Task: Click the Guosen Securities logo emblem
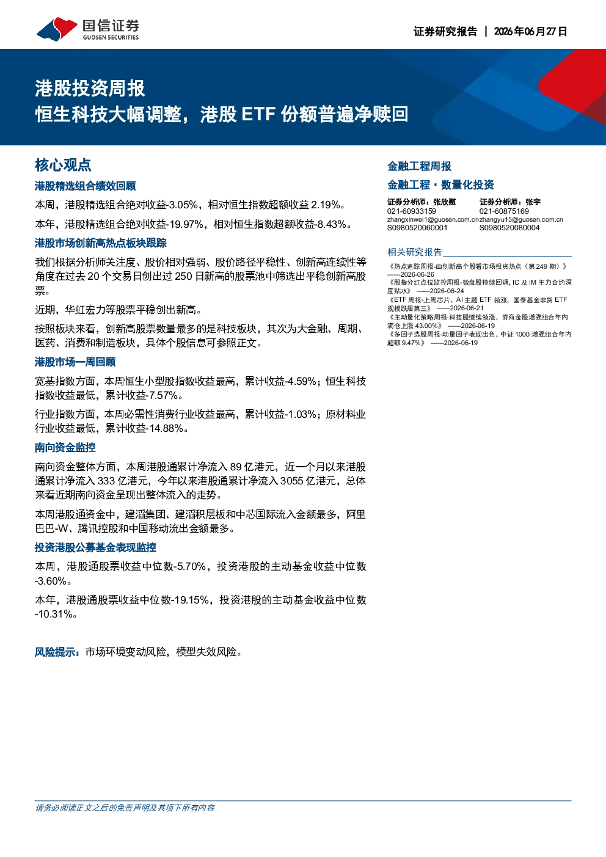(x=57, y=29)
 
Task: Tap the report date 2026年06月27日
(x=530, y=31)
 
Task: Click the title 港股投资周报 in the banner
(x=90, y=89)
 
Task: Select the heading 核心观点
(x=63, y=165)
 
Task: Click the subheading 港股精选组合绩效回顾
(x=86, y=186)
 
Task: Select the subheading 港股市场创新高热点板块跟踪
(x=101, y=243)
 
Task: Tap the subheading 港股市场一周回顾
(x=75, y=362)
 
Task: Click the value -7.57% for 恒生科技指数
(x=162, y=395)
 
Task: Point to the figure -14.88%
(x=166, y=429)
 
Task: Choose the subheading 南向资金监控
(x=65, y=448)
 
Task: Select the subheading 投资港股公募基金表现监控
(x=96, y=547)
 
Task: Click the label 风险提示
(x=55, y=652)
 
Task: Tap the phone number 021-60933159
(x=412, y=211)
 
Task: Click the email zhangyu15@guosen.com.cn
(x=521, y=220)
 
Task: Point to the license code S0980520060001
(x=417, y=228)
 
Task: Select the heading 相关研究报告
(x=415, y=252)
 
